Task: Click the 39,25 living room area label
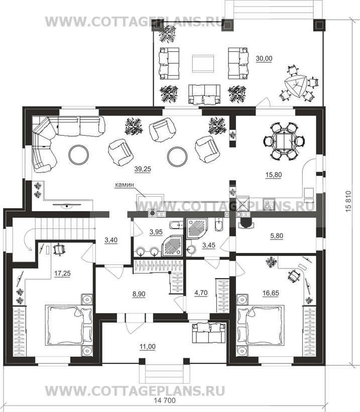click(x=143, y=169)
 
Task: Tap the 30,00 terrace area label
click(x=264, y=59)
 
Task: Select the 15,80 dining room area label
click(x=274, y=175)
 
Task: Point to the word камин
click(x=125, y=185)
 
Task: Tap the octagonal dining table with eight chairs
click(x=284, y=141)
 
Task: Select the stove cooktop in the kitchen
click(x=269, y=205)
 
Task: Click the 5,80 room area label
click(x=277, y=236)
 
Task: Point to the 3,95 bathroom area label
click(x=156, y=232)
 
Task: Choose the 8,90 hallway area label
click(x=139, y=294)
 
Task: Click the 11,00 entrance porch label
click(x=148, y=347)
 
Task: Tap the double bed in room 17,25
click(x=69, y=325)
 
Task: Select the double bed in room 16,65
click(x=261, y=325)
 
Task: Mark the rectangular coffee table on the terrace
click(x=203, y=63)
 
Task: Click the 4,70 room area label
click(x=201, y=293)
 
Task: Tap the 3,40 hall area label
click(x=111, y=240)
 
